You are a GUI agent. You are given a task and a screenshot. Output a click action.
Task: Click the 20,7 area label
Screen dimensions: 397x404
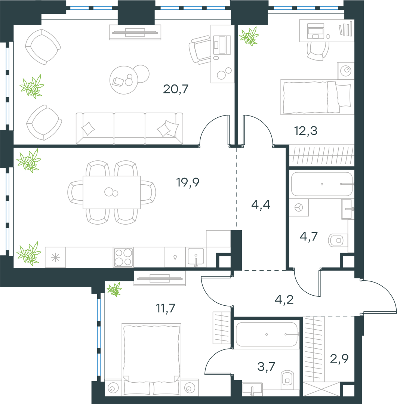176,89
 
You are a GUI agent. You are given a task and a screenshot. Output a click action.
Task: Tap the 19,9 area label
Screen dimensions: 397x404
188,182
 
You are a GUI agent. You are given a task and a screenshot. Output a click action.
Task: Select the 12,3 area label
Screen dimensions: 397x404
306,131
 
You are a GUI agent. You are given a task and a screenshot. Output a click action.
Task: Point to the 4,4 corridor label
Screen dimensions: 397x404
261,205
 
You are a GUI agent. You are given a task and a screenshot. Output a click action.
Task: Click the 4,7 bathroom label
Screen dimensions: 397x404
308,236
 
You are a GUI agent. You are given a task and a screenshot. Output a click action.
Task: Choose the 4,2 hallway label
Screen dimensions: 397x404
284,300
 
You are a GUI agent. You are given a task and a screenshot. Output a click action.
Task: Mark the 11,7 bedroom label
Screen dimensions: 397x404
166,308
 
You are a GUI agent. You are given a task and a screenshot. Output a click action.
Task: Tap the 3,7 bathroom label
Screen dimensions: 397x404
266,366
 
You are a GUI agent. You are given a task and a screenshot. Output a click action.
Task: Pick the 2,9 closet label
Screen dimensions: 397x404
339,358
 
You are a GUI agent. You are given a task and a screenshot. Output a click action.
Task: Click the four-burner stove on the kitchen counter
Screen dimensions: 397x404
123,257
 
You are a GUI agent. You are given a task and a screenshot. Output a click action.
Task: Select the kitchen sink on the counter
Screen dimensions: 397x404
196,257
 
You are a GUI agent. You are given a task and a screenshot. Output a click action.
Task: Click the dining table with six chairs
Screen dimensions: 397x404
112,192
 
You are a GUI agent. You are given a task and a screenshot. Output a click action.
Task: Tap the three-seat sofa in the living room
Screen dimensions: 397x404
129,128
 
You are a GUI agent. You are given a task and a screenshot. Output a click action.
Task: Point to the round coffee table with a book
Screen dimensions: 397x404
124,80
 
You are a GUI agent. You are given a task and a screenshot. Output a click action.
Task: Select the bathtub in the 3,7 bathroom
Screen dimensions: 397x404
267,334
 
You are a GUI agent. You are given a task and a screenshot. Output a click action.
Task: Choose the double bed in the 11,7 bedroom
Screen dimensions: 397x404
151,359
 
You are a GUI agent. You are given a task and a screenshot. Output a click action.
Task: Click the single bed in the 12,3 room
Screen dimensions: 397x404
317,97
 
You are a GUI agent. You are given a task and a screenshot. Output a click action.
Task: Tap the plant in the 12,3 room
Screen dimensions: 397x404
249,36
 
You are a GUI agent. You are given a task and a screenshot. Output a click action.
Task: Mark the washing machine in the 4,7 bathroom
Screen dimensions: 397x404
299,207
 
